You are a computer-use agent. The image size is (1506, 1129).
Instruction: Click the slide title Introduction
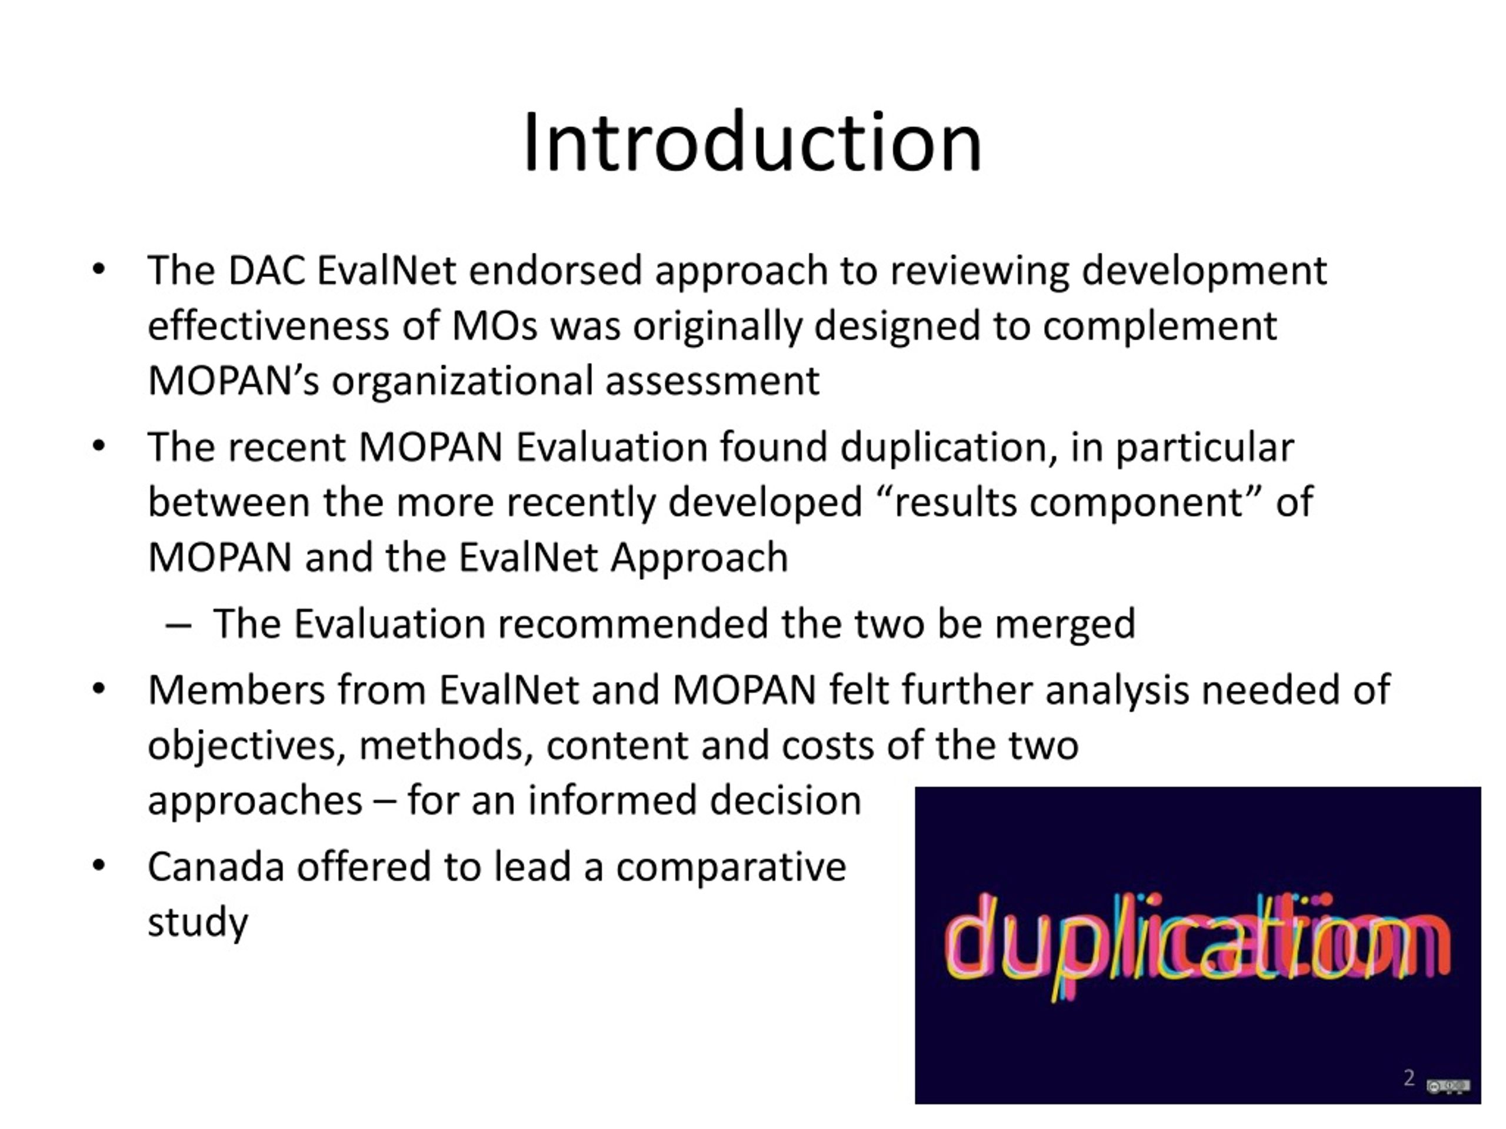click(752, 143)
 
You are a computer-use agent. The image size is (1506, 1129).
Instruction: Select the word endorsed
click(555, 271)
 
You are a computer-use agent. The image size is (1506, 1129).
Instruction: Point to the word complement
click(1160, 326)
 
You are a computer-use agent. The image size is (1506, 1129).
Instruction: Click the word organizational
click(462, 381)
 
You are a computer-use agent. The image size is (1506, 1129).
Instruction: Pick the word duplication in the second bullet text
click(948, 448)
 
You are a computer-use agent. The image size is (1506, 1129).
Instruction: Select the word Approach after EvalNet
click(699, 558)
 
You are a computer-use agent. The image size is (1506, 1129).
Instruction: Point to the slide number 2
click(1409, 1077)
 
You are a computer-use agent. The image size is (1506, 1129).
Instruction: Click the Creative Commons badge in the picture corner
click(1448, 1085)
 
